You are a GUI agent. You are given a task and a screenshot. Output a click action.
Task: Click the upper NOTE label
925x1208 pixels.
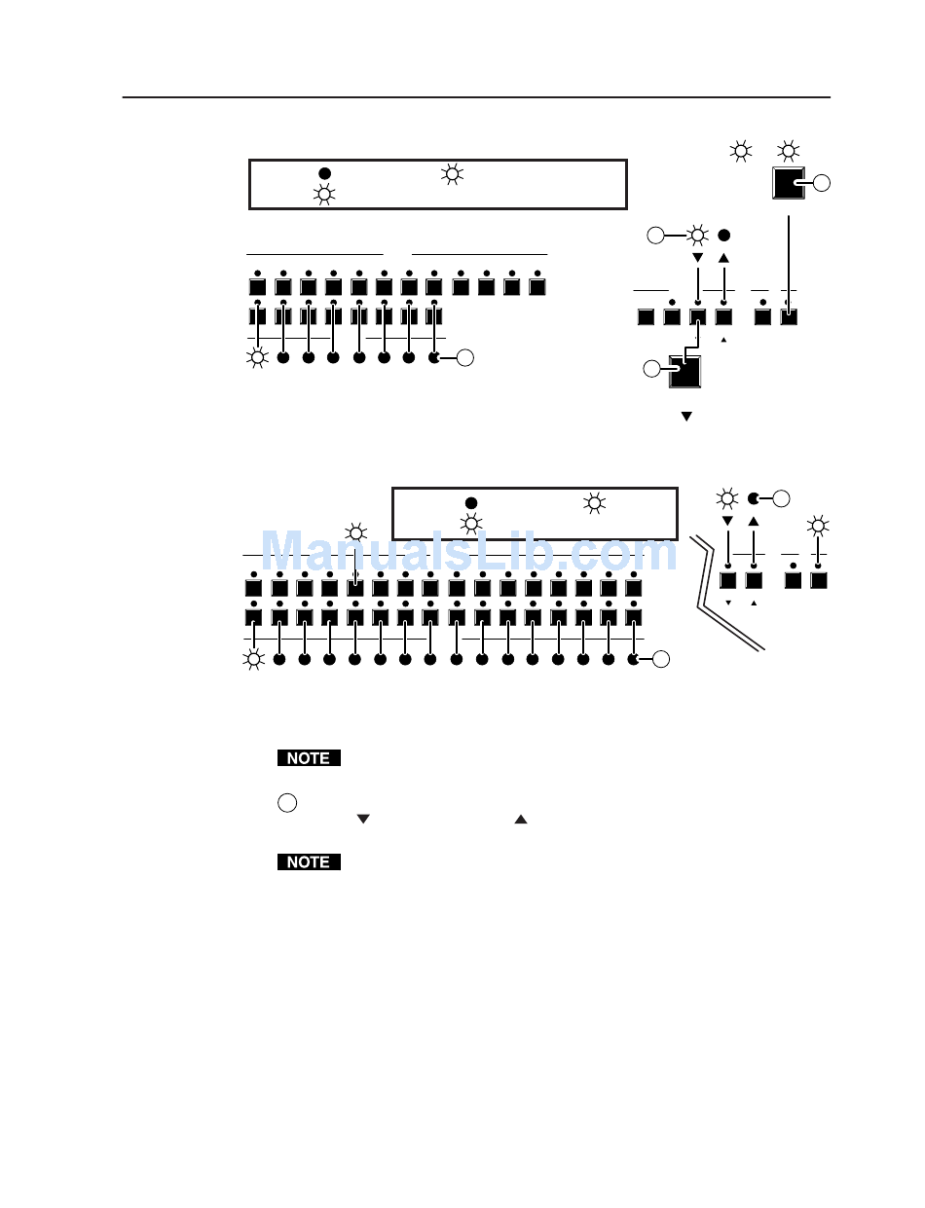point(309,758)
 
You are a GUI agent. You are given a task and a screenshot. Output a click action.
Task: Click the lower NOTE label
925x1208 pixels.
point(309,862)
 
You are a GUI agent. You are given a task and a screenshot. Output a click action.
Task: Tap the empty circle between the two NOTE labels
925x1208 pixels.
point(286,803)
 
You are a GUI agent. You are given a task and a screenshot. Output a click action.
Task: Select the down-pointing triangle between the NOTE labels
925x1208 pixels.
point(363,820)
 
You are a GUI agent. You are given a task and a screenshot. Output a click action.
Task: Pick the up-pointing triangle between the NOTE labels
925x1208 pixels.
point(521,820)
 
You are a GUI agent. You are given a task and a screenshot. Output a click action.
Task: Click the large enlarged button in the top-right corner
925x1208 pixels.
point(789,183)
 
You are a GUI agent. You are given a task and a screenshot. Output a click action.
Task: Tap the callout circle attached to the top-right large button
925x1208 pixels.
point(824,183)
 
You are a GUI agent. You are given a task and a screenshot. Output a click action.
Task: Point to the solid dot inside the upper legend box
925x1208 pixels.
point(325,173)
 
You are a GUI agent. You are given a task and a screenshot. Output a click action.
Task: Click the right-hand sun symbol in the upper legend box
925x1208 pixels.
point(452,174)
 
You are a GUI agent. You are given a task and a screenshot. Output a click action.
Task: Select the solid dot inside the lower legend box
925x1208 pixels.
point(470,503)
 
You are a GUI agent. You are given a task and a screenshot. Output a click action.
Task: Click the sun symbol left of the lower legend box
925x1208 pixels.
point(357,532)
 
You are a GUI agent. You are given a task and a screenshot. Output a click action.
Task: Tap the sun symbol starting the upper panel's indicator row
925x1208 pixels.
point(258,358)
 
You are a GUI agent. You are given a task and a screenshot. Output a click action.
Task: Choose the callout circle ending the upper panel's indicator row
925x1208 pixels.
point(465,358)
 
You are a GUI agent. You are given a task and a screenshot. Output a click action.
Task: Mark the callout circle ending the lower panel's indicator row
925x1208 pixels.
point(661,659)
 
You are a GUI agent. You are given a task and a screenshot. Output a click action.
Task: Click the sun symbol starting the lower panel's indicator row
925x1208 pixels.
point(254,659)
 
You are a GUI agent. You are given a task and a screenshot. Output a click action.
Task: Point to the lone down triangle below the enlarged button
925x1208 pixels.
point(686,416)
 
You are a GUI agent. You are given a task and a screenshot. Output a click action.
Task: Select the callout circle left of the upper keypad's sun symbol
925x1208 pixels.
point(656,235)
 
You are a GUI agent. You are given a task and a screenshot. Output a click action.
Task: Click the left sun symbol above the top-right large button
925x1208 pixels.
point(742,151)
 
